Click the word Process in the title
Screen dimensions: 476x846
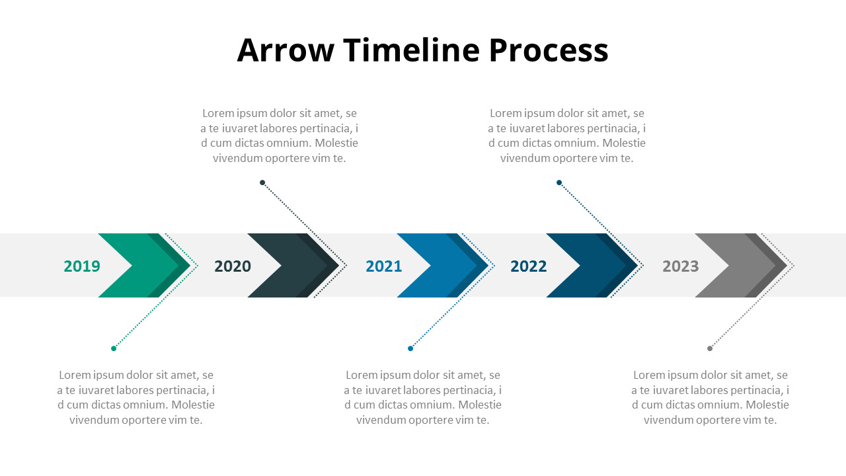549,50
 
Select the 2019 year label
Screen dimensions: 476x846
82,266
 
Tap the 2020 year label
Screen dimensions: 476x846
233,266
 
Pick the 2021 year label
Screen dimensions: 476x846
384,266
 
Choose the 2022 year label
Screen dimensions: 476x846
529,266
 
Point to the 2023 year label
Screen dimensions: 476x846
681,266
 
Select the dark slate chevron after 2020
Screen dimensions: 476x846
300,265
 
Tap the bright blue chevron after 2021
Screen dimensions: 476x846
449,265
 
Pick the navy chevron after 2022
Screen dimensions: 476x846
599,265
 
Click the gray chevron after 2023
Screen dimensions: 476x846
748,265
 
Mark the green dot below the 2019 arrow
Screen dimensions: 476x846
114,348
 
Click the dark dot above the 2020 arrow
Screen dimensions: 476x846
262,182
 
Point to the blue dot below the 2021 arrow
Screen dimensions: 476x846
410,348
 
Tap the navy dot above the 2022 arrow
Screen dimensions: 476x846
559,182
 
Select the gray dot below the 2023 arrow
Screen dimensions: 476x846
710,348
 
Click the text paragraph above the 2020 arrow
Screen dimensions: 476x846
280,136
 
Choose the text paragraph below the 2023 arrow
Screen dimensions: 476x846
711,397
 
